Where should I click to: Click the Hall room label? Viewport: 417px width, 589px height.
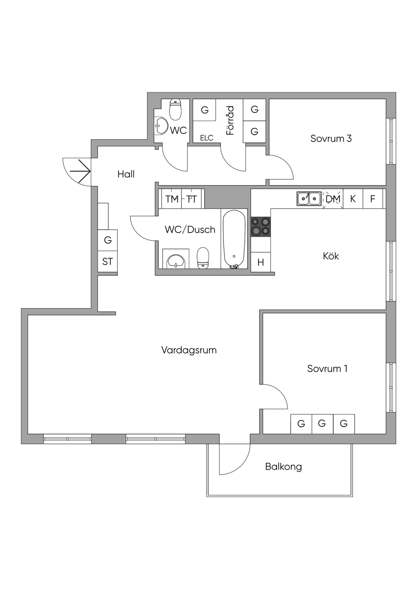click(x=126, y=174)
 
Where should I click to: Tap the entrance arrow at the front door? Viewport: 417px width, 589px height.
click(x=80, y=171)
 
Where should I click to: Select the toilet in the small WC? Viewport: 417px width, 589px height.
click(x=175, y=109)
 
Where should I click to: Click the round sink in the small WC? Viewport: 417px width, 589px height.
click(x=161, y=126)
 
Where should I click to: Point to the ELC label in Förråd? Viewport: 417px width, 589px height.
click(x=206, y=138)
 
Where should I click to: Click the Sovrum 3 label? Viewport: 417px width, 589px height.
click(x=331, y=138)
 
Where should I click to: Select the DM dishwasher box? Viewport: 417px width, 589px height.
click(x=333, y=199)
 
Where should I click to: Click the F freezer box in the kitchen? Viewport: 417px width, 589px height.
click(x=373, y=199)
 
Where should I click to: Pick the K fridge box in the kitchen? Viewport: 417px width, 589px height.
click(x=353, y=199)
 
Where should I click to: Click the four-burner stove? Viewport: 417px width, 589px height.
click(x=261, y=227)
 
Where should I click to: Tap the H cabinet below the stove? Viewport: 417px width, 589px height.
click(x=261, y=262)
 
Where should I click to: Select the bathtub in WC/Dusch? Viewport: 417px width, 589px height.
click(x=234, y=239)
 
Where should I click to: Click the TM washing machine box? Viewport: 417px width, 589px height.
click(x=171, y=199)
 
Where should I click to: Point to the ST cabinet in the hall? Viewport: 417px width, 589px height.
click(x=108, y=262)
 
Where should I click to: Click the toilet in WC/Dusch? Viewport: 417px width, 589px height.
click(x=203, y=258)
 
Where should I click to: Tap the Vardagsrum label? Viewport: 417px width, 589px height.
click(x=189, y=350)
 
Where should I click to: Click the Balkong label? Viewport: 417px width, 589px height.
click(x=283, y=467)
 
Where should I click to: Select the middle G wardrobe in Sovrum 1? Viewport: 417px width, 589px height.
click(x=322, y=423)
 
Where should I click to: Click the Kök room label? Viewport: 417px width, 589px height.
click(x=331, y=256)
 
